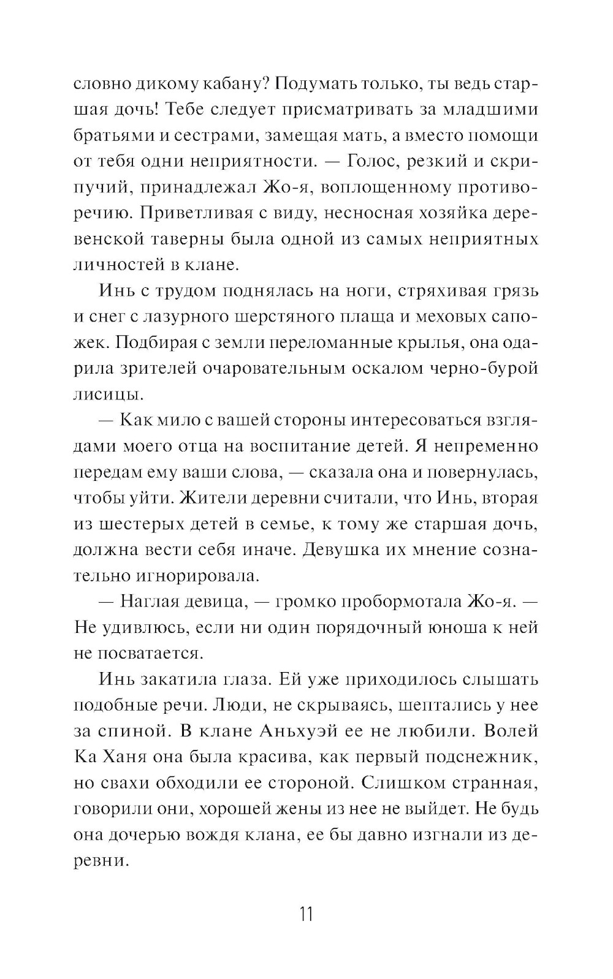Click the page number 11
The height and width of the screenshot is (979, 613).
click(306, 915)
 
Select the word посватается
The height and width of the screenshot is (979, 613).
click(140, 653)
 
